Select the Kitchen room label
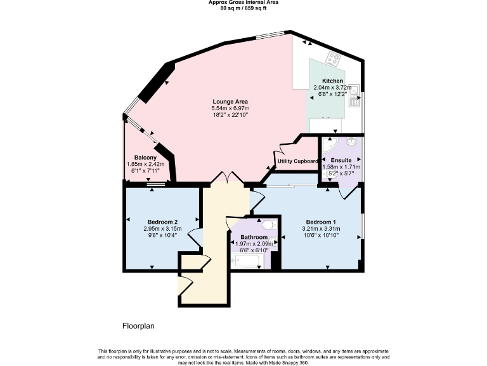pos(332,81)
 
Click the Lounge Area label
pos(230,102)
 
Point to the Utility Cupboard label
pos(297,161)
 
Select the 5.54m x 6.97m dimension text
pos(230,109)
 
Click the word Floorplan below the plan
pos(138,326)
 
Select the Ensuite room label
pos(341,160)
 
